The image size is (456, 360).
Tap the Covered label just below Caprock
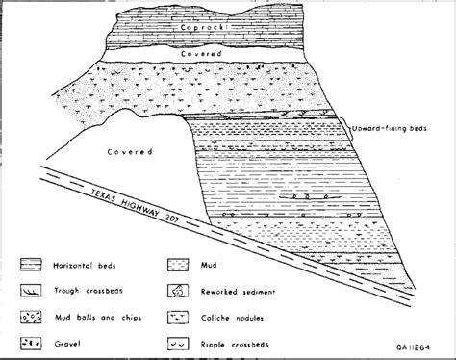(x=200, y=56)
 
